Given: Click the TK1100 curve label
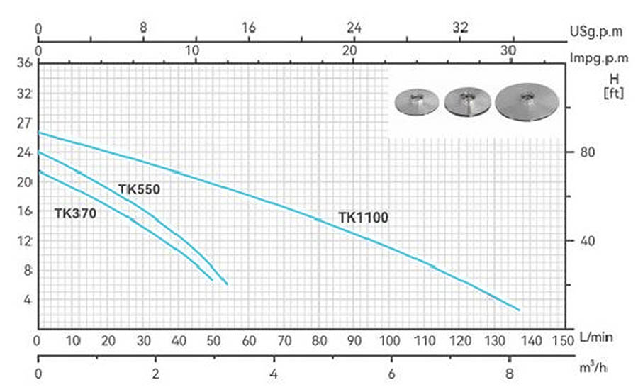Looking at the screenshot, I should tap(363, 218).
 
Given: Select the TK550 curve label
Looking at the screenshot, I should tap(140, 189).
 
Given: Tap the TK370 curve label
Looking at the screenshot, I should tap(75, 213).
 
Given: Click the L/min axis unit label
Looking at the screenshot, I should tap(594, 341).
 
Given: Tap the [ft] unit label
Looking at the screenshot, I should tap(613, 91).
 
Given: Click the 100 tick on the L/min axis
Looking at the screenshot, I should tap(389, 341).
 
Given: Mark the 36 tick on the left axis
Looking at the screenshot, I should tap(24, 64).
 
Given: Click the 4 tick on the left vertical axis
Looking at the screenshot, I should tap(28, 300).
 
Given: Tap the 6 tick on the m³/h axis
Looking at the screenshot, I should tap(391, 374).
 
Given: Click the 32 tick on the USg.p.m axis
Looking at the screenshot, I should tap(460, 28).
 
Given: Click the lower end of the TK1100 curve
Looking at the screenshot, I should tap(520, 310).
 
